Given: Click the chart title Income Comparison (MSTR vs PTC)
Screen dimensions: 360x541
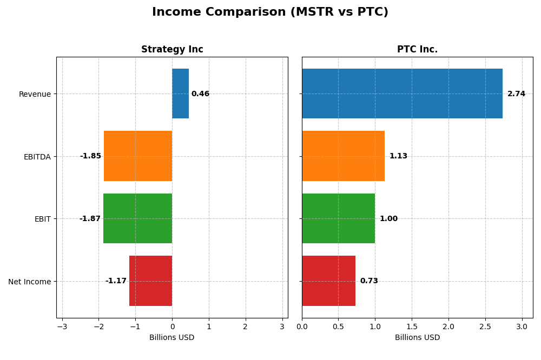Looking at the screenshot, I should [270, 12].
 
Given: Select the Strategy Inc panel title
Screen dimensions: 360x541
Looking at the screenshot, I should [172, 49].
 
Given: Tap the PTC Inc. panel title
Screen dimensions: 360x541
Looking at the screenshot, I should [417, 49].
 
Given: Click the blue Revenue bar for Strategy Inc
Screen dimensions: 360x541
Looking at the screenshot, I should [180, 94].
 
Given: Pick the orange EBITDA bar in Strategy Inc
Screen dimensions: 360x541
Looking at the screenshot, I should [138, 156].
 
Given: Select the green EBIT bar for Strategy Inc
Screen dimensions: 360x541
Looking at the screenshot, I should [137, 218].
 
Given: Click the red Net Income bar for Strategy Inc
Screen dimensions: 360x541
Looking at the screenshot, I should [150, 281].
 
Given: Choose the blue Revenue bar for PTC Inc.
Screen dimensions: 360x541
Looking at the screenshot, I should [402, 94].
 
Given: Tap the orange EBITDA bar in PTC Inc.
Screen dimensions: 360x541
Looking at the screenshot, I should [343, 156].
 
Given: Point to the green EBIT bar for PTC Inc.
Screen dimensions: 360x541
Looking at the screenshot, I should [338, 218].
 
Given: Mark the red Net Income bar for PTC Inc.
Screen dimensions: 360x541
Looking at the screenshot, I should [328, 281].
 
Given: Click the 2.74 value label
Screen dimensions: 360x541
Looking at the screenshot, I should [516, 94].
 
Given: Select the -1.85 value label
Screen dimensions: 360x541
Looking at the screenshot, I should [90, 156].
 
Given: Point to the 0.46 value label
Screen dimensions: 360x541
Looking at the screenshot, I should [200, 94].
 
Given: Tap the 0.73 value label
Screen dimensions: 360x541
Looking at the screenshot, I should [369, 281].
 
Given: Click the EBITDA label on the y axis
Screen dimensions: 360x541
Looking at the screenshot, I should [37, 157].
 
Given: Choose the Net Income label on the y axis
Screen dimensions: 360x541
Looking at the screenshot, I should [30, 282].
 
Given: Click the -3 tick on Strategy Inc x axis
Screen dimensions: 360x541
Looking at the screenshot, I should [62, 326].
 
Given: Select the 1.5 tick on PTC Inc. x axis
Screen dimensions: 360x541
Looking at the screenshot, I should [412, 326].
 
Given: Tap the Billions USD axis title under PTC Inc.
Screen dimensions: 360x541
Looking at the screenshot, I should [417, 337].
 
